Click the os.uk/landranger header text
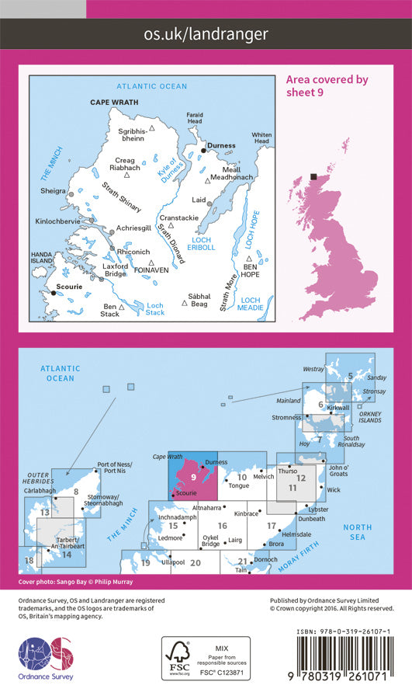206,33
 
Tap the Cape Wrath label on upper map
112,103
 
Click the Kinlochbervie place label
56,221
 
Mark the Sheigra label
53,190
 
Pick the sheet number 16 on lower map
222,527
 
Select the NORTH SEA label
358,532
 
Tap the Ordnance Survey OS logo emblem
45,659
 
